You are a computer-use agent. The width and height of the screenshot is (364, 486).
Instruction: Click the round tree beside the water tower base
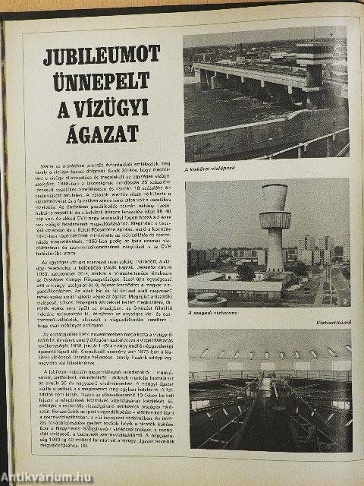tap(246, 272)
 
